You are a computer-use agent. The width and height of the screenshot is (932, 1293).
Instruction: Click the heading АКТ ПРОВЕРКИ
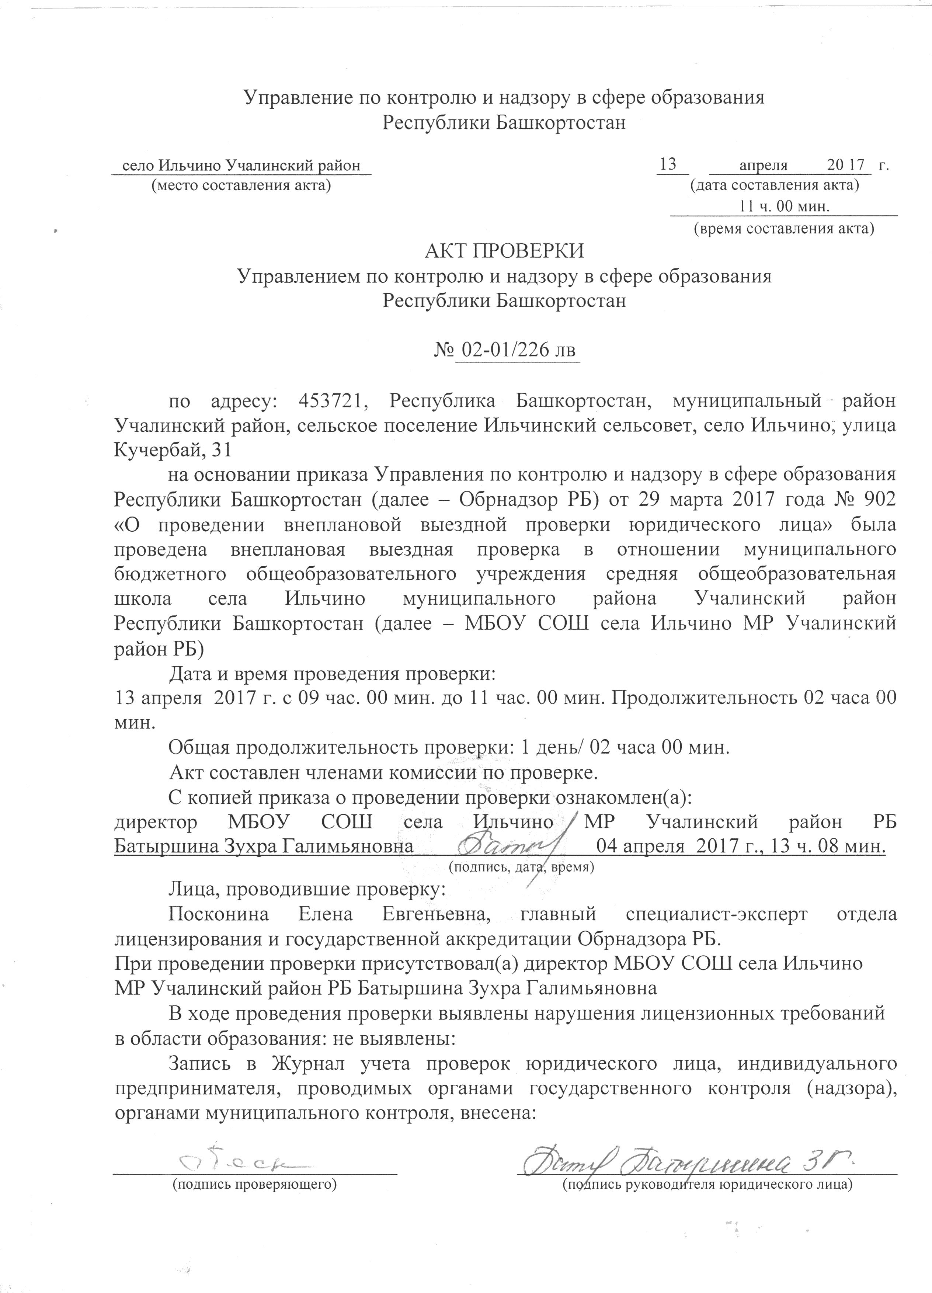coord(505,251)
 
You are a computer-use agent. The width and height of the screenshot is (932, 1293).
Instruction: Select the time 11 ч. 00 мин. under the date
coord(785,206)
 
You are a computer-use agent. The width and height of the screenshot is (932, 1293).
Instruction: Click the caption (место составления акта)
coord(240,185)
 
